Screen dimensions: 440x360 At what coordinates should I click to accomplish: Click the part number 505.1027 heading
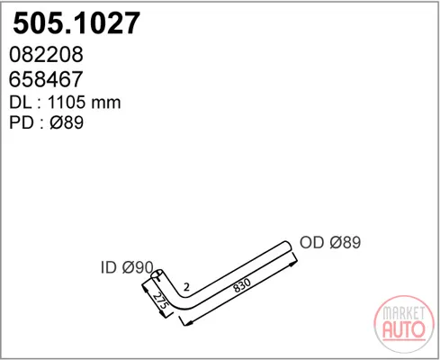[x=76, y=23]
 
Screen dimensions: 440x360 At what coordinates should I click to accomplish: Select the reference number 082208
[x=46, y=54]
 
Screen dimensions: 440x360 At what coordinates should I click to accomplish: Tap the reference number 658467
[x=46, y=79]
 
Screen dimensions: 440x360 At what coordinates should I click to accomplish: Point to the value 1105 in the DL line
[x=67, y=103]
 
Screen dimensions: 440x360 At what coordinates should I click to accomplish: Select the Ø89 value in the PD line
[x=67, y=122]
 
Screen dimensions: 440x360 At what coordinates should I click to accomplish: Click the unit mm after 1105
[x=106, y=103]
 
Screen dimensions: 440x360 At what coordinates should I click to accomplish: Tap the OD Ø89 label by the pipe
[x=330, y=242]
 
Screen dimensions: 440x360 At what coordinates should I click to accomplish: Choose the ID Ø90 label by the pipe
[x=127, y=267]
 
